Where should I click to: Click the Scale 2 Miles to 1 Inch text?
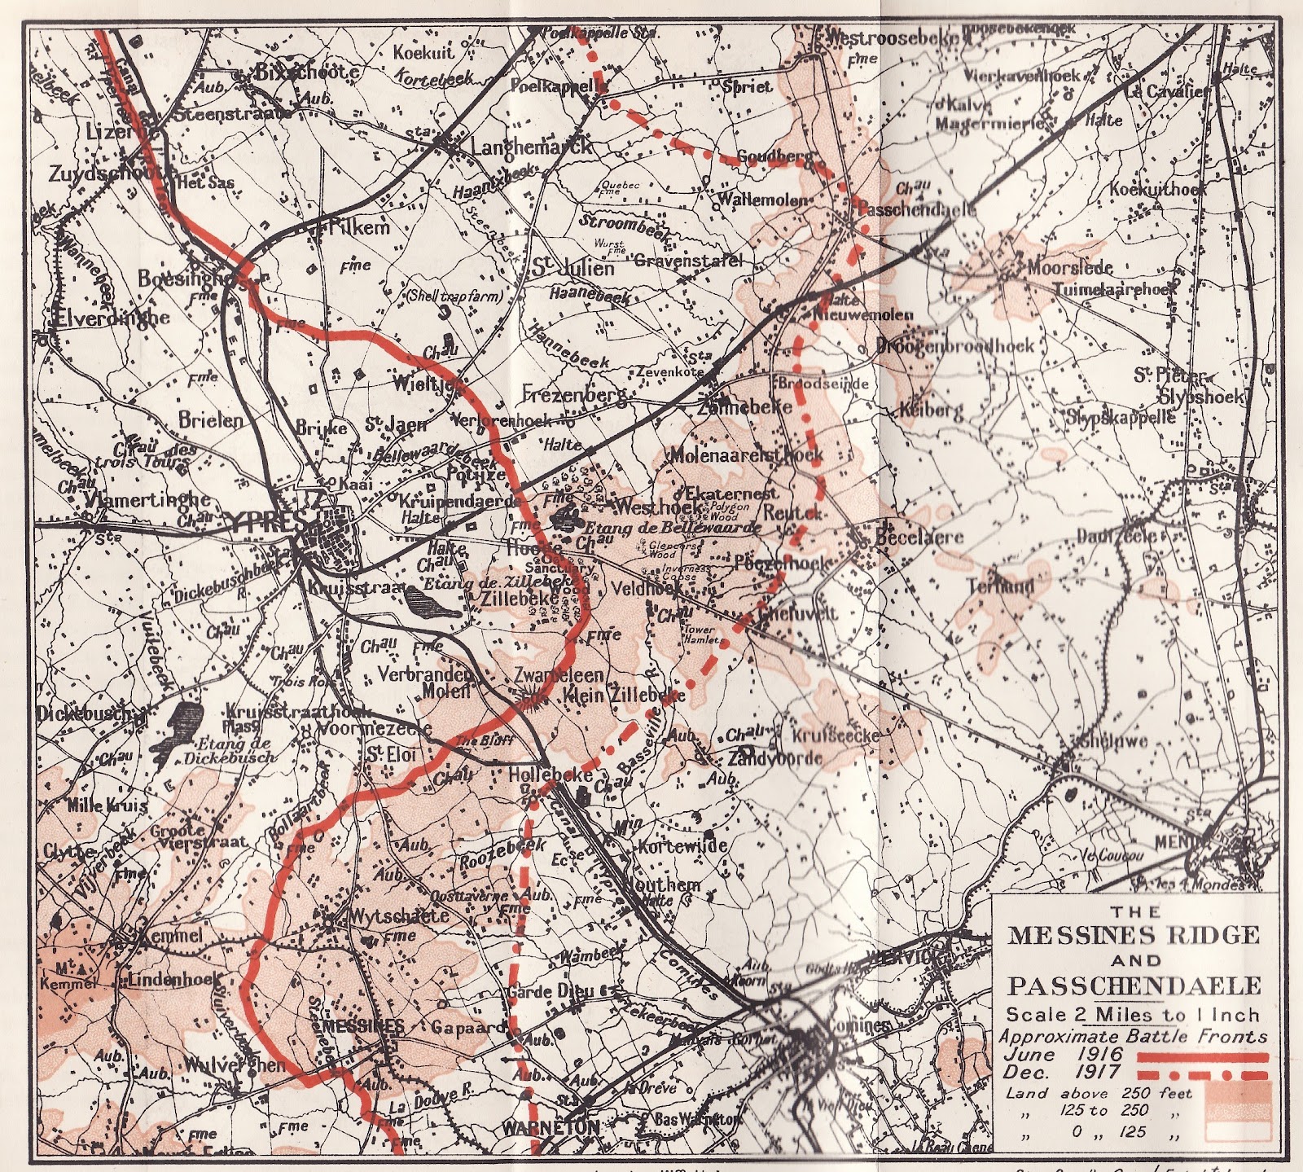click(1133, 1015)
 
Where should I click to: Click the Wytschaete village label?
click(398, 915)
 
